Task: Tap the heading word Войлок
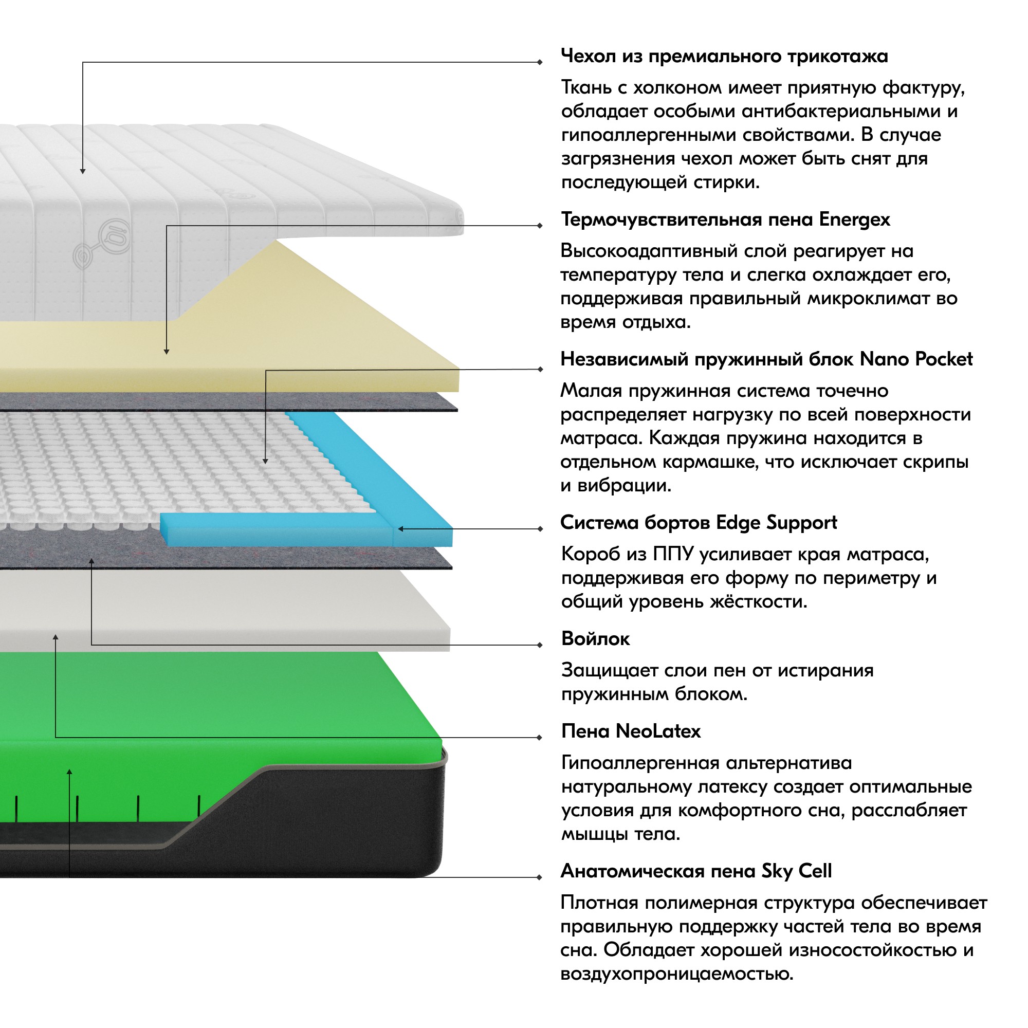(x=595, y=638)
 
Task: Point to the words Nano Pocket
(x=916, y=359)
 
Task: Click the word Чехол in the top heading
(x=589, y=56)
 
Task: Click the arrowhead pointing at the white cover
(x=82, y=171)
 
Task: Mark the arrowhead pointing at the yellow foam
(x=167, y=352)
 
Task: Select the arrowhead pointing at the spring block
(x=266, y=461)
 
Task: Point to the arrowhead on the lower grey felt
(x=91, y=561)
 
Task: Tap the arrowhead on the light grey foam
(x=56, y=637)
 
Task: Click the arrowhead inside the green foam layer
(x=69, y=772)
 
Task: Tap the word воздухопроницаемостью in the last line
(x=677, y=974)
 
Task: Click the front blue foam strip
(x=277, y=530)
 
